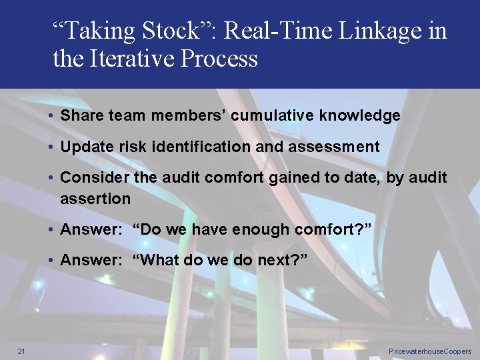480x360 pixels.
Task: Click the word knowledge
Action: pyautogui.click(x=360, y=115)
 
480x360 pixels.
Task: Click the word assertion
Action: pyautogui.click(x=95, y=199)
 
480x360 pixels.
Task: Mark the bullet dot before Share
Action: pyautogui.click(x=51, y=116)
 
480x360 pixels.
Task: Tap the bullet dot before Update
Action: pyautogui.click(x=51, y=147)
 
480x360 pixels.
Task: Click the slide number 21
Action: pyautogui.click(x=21, y=351)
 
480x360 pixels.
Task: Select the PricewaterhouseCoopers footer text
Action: pyautogui.click(x=429, y=351)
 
